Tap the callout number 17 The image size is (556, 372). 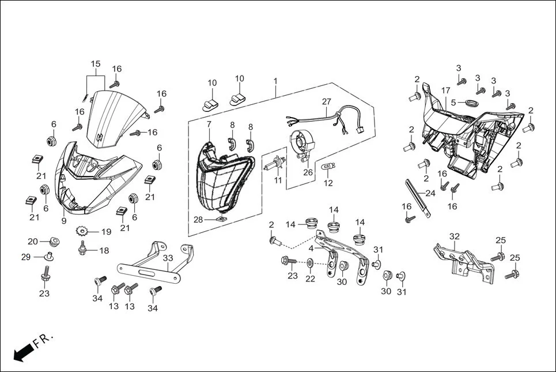click(x=445, y=91)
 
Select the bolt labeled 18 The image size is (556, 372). click(x=83, y=250)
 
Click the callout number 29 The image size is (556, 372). click(x=26, y=257)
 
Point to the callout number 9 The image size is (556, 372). click(x=63, y=220)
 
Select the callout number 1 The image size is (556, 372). click(x=275, y=81)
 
